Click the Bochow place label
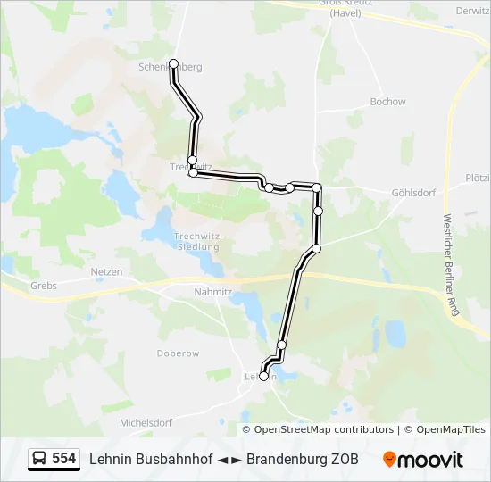pyautogui.click(x=387, y=102)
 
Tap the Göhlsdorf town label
pyautogui.click(x=412, y=193)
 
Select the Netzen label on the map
pyautogui.click(x=106, y=271)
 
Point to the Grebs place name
pyautogui.click(x=43, y=286)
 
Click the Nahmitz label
pyautogui.click(x=212, y=291)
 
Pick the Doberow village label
pyautogui.click(x=178, y=353)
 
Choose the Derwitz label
pyautogui.click(x=472, y=11)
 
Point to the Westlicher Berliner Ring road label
pyautogui.click(x=451, y=265)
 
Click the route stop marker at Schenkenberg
pyautogui.click(x=173, y=63)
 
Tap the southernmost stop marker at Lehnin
pyautogui.click(x=263, y=377)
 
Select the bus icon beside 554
pyautogui.click(x=39, y=459)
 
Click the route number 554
pyautogui.click(x=63, y=459)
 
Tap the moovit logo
pyautogui.click(x=423, y=460)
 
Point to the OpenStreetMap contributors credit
pyautogui.click(x=323, y=429)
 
